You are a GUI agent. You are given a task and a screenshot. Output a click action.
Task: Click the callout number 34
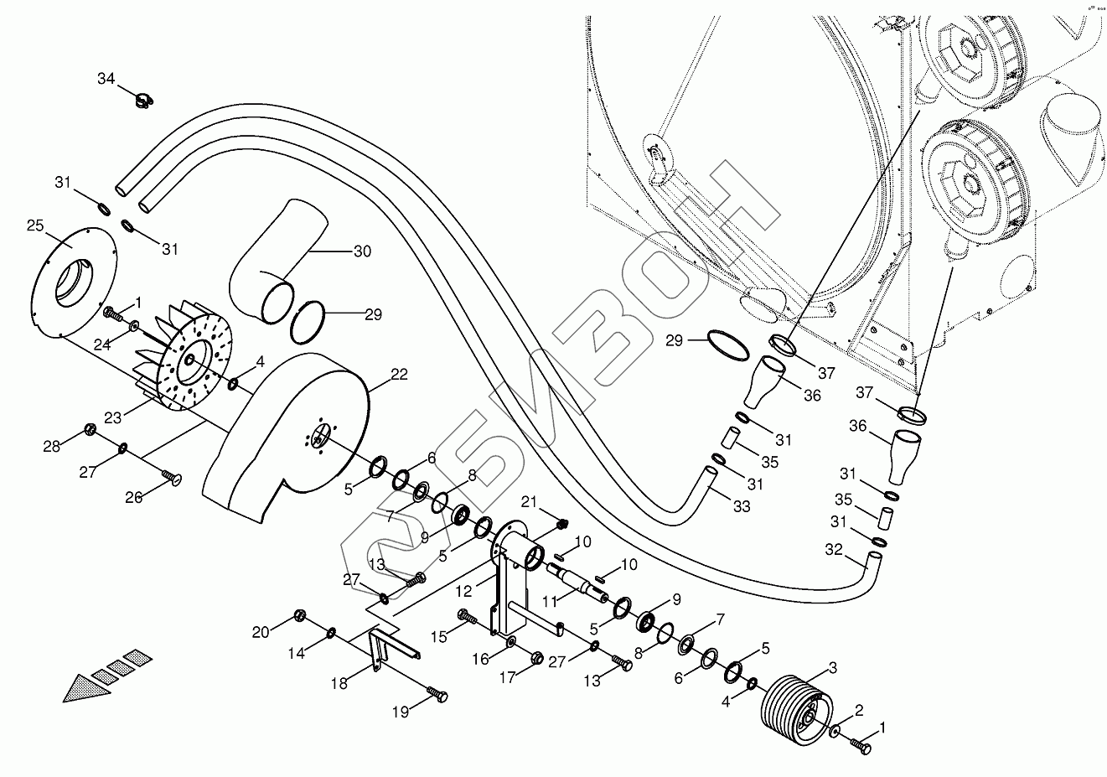[x=106, y=79]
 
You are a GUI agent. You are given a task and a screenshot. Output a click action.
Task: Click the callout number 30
[x=361, y=251]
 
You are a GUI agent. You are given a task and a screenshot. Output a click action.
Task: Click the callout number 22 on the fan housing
[x=399, y=374]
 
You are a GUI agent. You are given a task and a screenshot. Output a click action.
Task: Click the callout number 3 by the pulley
[x=832, y=668]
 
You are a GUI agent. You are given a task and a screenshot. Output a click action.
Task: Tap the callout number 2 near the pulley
[x=858, y=711]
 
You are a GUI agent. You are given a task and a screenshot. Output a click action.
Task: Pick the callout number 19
[x=401, y=712]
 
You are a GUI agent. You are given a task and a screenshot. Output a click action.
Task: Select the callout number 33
[x=741, y=506]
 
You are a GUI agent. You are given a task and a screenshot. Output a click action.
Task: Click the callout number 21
[x=528, y=502]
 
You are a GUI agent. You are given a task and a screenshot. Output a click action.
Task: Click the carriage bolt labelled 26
[x=173, y=480]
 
